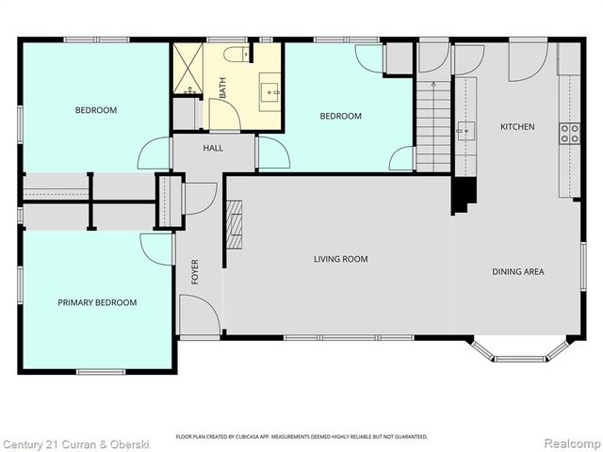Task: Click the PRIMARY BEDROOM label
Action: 97,302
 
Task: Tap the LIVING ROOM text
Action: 341,259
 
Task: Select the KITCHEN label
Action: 517,126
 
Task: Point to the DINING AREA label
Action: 518,272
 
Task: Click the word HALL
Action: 213,148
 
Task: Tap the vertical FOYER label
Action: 195,272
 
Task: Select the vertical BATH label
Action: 222,88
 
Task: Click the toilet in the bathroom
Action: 236,55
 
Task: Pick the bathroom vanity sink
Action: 270,92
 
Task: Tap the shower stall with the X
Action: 188,69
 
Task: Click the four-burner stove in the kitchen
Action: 569,134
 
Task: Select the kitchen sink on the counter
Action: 466,131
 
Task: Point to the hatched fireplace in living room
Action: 234,225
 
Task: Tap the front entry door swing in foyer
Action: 200,315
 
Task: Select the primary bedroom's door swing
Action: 156,250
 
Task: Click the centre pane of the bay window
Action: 519,359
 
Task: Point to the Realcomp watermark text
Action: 572,444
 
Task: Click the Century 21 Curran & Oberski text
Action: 75,444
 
